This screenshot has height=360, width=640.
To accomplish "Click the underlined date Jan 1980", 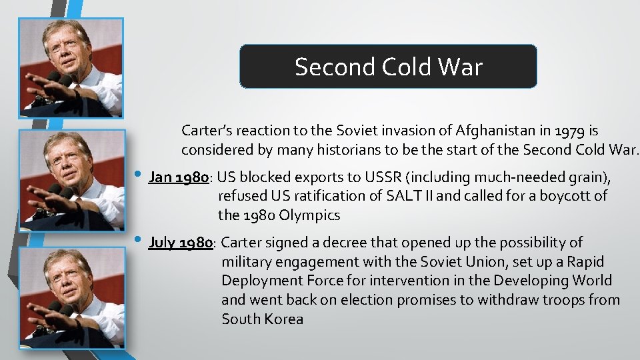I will tap(179, 178).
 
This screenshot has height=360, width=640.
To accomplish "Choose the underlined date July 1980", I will tap(181, 243).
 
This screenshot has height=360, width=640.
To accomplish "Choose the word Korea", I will tap(283, 319).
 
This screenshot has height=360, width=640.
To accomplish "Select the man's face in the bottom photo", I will tap(69, 277).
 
